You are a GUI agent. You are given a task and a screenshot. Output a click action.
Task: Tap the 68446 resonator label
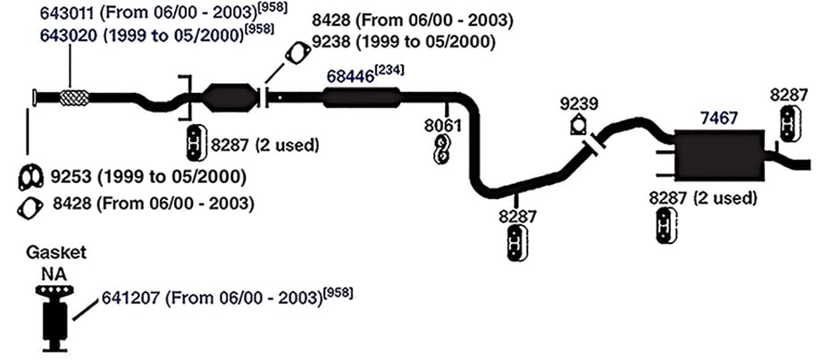[350, 76]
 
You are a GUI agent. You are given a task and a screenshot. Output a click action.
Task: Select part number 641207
[130, 299]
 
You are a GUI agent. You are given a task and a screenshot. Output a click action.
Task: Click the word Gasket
[56, 254]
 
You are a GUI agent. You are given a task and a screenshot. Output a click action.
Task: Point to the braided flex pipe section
[74, 98]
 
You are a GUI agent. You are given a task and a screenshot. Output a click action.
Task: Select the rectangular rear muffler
[716, 155]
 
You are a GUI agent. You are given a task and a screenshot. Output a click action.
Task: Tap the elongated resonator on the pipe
[361, 98]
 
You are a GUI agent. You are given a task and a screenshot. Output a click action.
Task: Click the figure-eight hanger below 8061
[442, 149]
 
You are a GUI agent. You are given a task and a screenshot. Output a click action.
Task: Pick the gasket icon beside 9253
[30, 178]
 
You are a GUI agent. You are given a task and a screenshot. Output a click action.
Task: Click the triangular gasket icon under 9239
[578, 124]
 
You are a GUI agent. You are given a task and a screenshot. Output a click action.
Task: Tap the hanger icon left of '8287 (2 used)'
[195, 142]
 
